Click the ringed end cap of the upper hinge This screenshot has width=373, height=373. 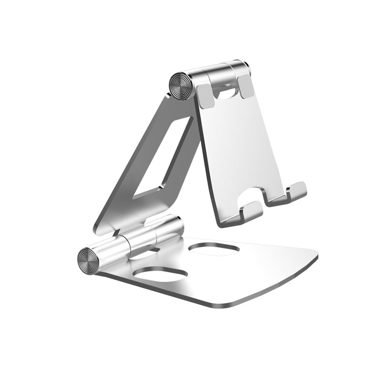point(180,85)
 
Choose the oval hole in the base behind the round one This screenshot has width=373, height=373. point(214,249)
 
